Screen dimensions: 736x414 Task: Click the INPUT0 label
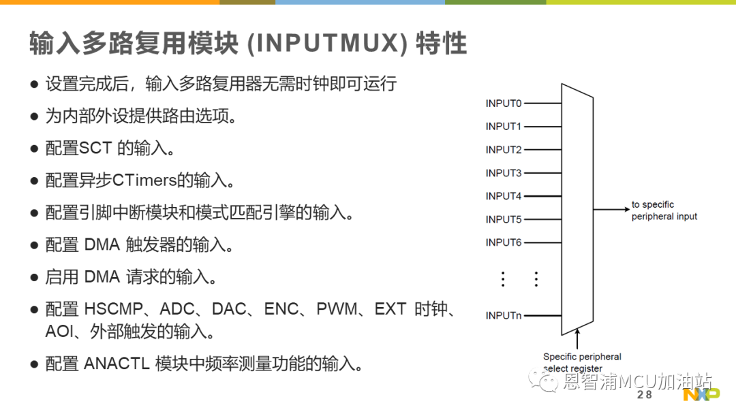503,103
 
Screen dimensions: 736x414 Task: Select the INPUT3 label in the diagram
503,173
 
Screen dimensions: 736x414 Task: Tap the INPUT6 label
503,242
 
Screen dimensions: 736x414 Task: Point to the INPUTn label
503,315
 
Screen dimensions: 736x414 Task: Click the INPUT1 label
503,127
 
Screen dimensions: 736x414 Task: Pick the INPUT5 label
503,219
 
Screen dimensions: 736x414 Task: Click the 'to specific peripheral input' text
664,210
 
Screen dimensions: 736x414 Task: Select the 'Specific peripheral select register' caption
582,362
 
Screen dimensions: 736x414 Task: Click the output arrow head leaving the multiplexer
627,209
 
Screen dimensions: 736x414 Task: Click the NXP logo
701,394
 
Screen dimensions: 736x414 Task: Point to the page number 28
645,395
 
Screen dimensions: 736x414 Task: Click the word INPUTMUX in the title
327,43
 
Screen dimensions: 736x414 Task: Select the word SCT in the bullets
95,148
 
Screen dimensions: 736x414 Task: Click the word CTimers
144,180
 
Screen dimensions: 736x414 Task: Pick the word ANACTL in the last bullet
117,364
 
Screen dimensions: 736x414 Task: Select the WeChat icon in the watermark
543,381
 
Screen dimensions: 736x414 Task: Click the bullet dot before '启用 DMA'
34,278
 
